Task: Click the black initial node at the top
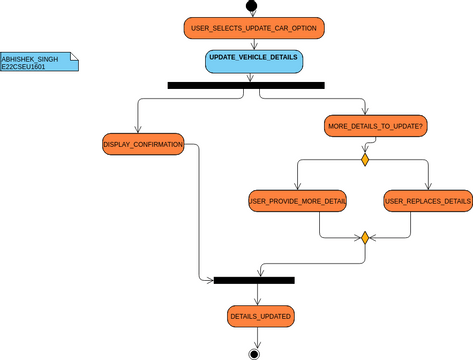click(253, 5)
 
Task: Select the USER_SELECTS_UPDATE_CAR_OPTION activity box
click(254, 28)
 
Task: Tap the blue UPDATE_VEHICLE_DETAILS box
click(253, 61)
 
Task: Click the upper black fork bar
click(246, 86)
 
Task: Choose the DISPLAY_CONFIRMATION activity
click(143, 145)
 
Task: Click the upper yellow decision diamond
click(365, 160)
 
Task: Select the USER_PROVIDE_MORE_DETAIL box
click(298, 201)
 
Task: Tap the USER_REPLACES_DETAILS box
click(428, 201)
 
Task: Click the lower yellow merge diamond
click(365, 238)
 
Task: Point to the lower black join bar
click(254, 280)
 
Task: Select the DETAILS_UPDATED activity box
click(260, 316)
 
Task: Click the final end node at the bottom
click(254, 353)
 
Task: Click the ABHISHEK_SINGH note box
click(38, 62)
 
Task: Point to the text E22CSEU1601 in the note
click(24, 67)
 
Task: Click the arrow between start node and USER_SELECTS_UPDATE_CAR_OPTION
click(253, 13)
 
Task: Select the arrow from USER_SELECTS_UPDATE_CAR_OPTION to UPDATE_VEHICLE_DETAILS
click(253, 44)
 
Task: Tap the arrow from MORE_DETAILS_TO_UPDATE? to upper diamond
click(364, 145)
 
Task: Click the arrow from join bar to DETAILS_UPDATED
click(257, 295)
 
